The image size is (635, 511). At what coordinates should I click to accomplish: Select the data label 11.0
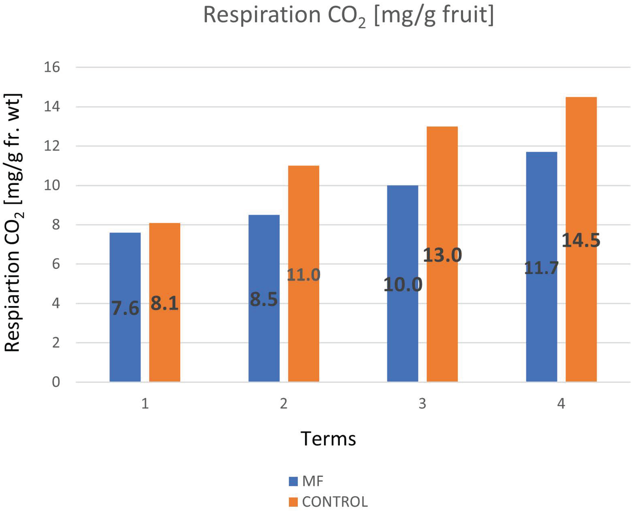tap(303, 275)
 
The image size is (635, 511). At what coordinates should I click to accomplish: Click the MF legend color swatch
tap(293, 481)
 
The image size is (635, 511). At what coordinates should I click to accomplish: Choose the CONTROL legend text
tap(335, 502)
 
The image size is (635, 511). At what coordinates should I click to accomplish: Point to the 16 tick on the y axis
tap(52, 67)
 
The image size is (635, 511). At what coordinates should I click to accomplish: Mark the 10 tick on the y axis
tap(52, 185)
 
